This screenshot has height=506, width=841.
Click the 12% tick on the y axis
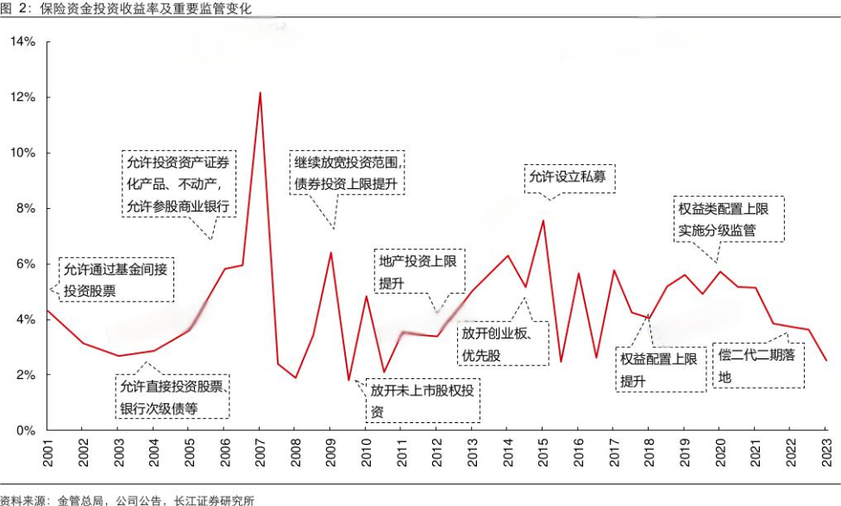(x=22, y=98)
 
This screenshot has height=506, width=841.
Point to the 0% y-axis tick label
(x=26, y=430)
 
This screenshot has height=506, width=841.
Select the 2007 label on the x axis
(x=259, y=453)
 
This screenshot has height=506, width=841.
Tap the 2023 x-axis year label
(x=825, y=453)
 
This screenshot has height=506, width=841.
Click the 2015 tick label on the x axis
(x=543, y=453)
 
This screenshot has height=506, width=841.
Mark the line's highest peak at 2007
(x=260, y=92)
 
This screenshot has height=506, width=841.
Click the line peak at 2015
(x=543, y=220)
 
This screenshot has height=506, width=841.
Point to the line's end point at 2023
(x=825, y=360)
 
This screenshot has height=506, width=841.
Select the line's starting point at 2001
(x=47, y=310)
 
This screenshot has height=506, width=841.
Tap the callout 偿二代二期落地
(x=758, y=366)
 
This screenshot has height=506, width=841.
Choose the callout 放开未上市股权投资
(x=422, y=400)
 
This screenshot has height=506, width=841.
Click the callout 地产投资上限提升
(x=417, y=272)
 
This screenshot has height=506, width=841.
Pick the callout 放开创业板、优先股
(x=502, y=344)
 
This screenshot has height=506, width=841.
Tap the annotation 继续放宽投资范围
(x=348, y=173)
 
